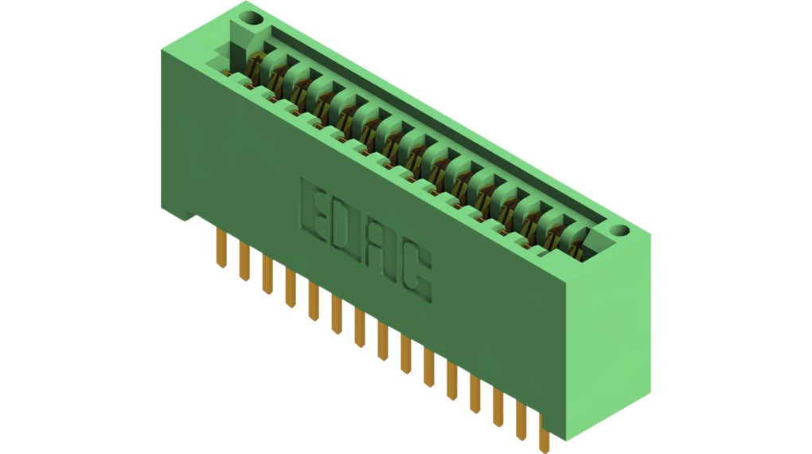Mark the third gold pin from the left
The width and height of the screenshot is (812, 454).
pyautogui.click(x=268, y=275)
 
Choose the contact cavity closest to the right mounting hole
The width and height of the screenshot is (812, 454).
pyautogui.click(x=578, y=243)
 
